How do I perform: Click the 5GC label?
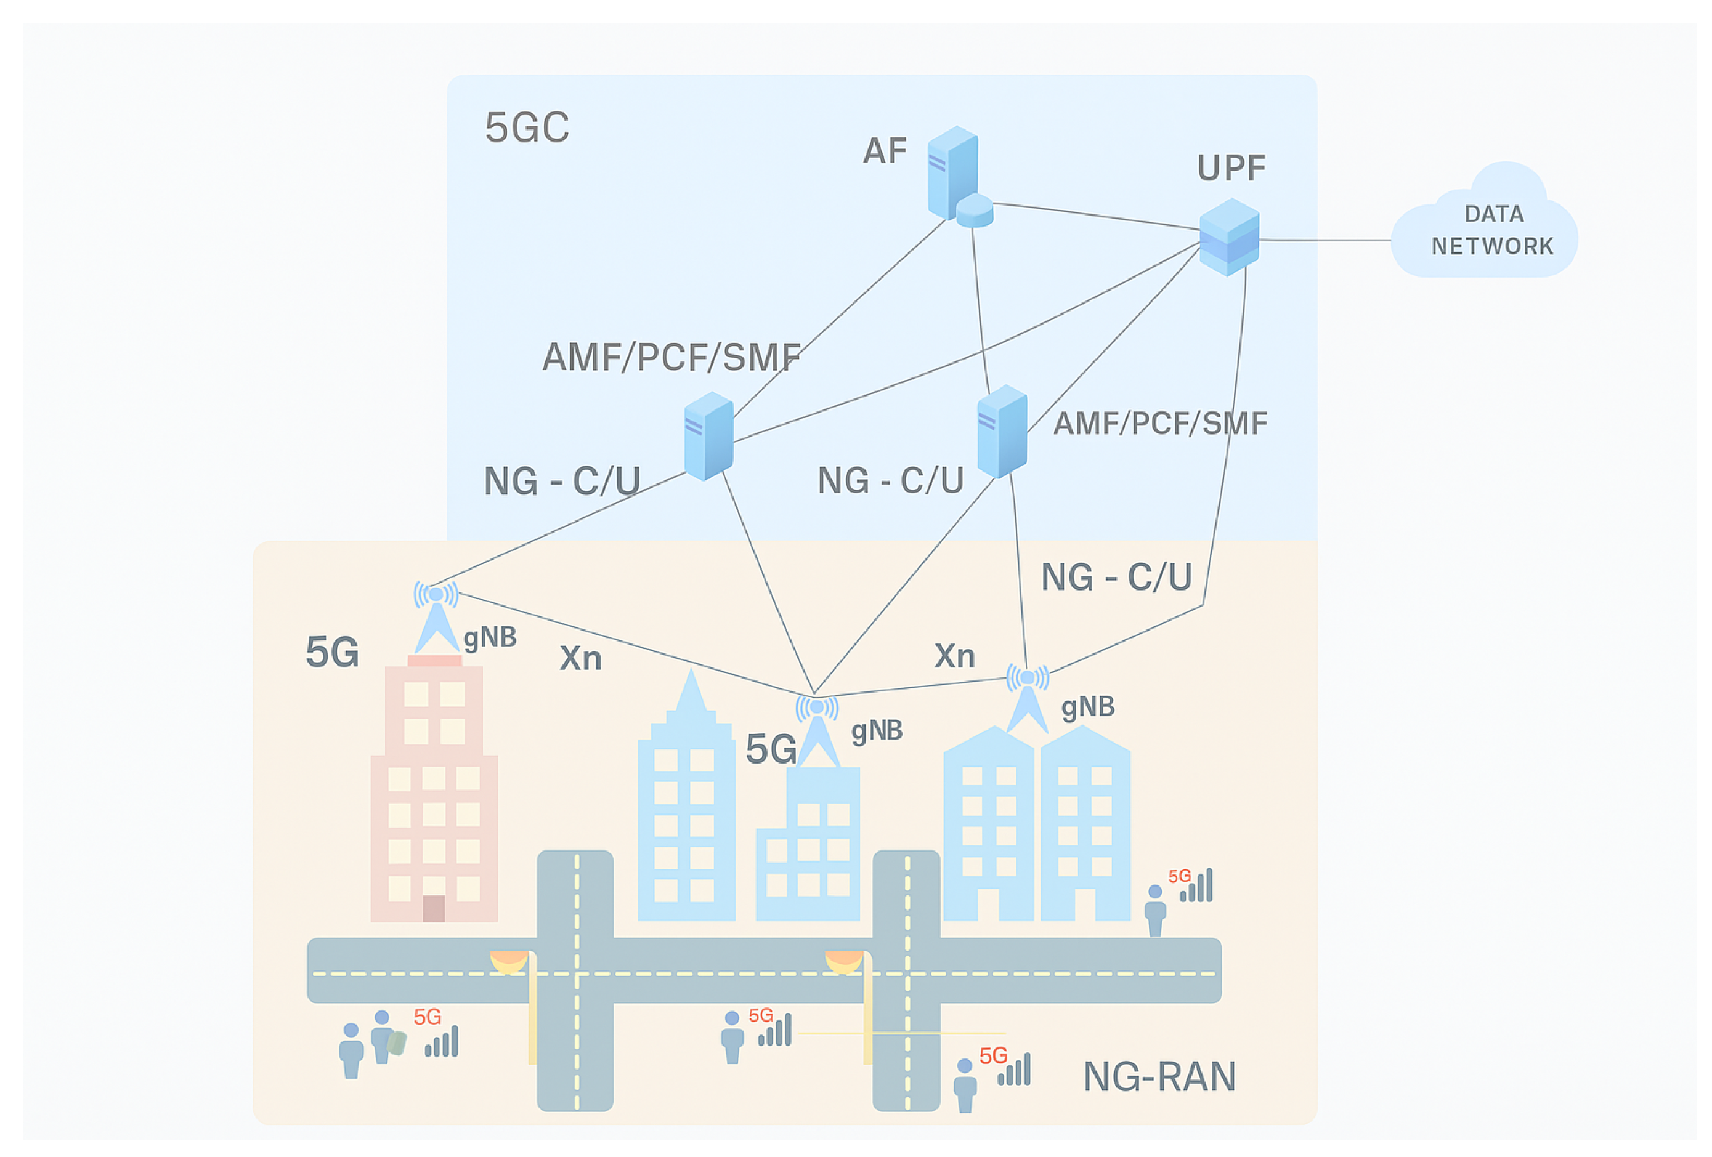tap(527, 127)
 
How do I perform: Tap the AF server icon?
tap(952, 172)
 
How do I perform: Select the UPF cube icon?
tap(1230, 237)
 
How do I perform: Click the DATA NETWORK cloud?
tap(1485, 225)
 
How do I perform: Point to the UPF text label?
tap(1231, 168)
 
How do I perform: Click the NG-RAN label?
tap(1159, 1077)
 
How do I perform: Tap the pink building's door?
tap(433, 908)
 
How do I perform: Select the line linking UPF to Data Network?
tap(1325, 240)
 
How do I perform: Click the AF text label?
tap(885, 151)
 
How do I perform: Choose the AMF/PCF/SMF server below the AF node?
tap(1002, 432)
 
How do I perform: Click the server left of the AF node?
tap(708, 436)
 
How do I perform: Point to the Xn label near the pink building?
tap(580, 658)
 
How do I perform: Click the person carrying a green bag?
tap(384, 1037)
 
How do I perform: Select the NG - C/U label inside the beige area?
tap(1116, 577)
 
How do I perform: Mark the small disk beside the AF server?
tap(975, 211)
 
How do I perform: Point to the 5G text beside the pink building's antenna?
tap(332, 653)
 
